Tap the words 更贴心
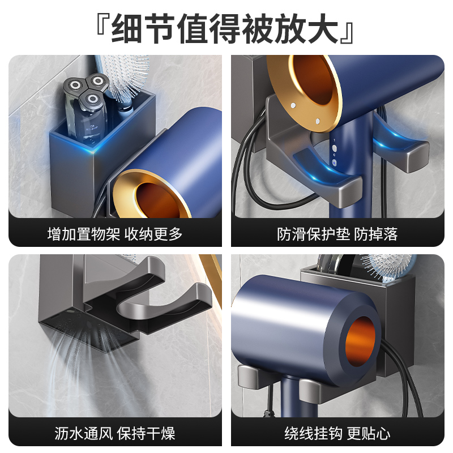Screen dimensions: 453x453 369,434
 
